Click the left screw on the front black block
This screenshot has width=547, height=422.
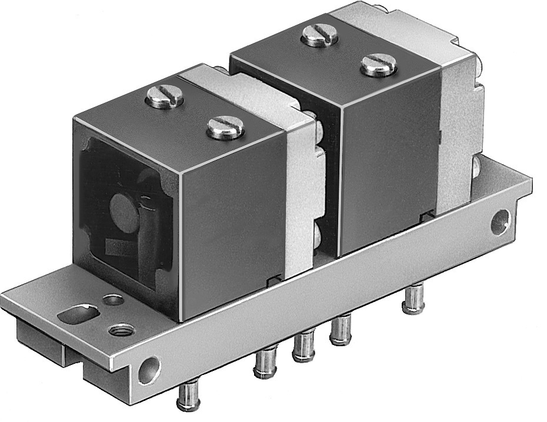coord(164,98)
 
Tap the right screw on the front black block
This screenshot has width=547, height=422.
coord(225,127)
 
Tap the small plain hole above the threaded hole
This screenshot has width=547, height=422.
coord(112,300)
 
